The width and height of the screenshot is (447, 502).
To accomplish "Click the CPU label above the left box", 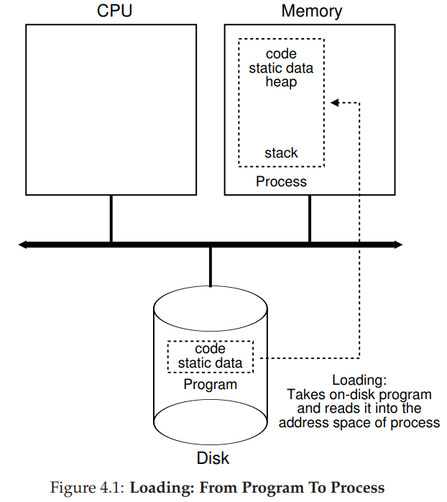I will click(114, 12).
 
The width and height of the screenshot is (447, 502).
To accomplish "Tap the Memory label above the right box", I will click(311, 12).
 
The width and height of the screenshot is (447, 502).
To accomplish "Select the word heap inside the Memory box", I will click(281, 83).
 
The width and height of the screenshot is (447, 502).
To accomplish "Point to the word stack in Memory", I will click(281, 152).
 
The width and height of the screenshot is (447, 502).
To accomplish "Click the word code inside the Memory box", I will click(281, 54).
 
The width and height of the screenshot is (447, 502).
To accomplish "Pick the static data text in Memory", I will click(281, 68).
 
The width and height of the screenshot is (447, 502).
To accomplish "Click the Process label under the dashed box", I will click(281, 181).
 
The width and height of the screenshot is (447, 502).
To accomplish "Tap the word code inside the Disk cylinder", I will click(210, 349).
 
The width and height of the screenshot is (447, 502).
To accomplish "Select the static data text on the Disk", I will click(210, 363).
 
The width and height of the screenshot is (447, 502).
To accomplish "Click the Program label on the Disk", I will click(210, 384).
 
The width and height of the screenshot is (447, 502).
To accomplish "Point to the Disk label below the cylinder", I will click(213, 458).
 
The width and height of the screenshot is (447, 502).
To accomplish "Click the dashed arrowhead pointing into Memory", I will click(334, 103).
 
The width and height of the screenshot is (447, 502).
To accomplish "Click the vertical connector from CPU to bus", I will click(111, 219).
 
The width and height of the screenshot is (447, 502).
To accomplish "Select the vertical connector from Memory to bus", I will click(310, 219).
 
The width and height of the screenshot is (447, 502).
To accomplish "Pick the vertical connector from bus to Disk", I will click(210, 266).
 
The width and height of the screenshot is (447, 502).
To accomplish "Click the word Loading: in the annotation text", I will click(359, 380).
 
